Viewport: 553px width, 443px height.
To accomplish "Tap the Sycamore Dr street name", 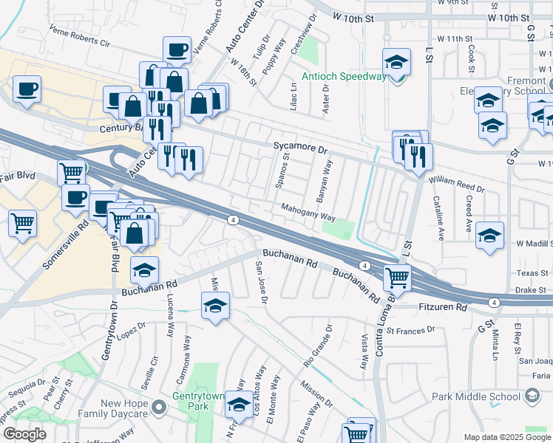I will coord(299,147).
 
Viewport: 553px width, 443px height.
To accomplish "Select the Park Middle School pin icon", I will coord(532,396).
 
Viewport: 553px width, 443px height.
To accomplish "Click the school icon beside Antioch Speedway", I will coord(397,63).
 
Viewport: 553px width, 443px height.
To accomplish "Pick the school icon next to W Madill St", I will coord(489,236).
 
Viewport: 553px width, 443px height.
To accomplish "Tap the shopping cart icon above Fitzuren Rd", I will coord(398,278).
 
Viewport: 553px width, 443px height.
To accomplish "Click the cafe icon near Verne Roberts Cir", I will coord(177,50).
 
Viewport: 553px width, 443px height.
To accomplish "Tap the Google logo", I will coord(24,433).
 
